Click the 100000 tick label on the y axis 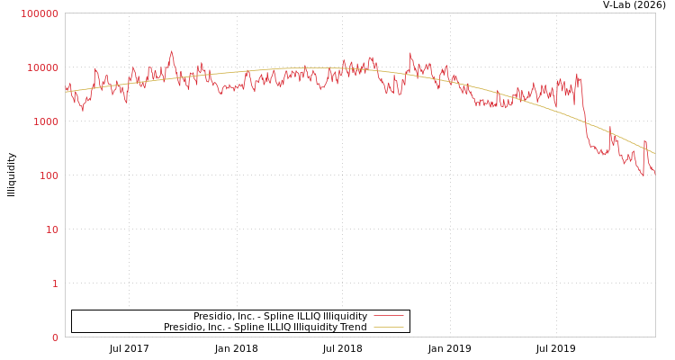[x=40, y=13]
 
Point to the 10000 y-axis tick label [x=42, y=67]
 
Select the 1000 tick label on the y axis [x=45, y=121]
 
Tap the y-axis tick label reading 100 [x=48, y=175]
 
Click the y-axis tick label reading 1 [x=54, y=283]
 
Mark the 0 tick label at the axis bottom [x=54, y=337]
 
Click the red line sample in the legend [x=388, y=316]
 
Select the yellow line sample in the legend [x=388, y=327]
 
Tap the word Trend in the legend [x=352, y=327]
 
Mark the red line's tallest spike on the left [x=172, y=51]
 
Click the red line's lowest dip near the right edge [x=643, y=175]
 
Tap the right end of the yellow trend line [x=654, y=154]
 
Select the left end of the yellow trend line [x=66, y=91]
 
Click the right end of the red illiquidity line [x=654, y=171]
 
